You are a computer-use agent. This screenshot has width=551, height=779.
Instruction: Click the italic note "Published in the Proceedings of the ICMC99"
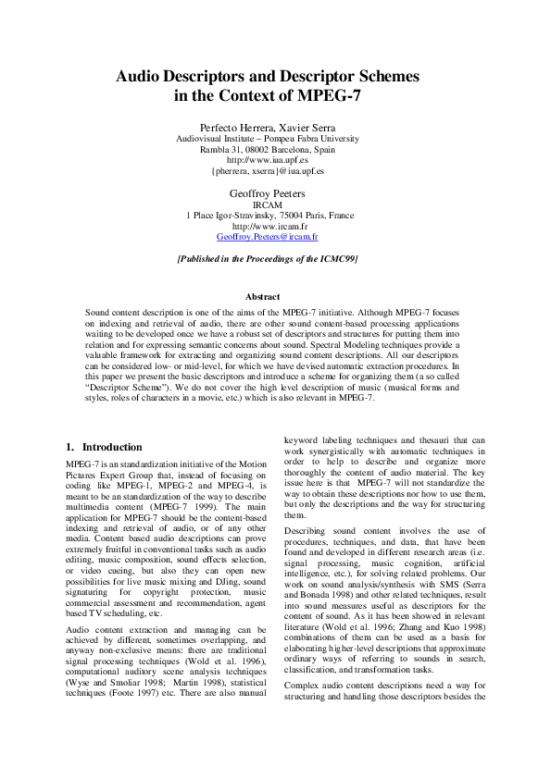(x=268, y=260)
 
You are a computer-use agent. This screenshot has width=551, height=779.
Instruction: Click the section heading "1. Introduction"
(x=105, y=447)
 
